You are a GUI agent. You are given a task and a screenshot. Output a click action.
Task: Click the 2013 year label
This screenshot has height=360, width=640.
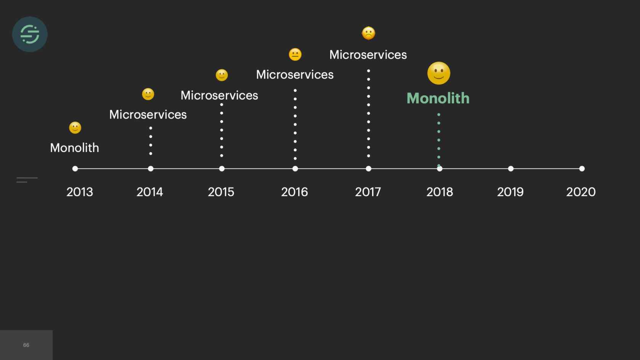pyautogui.click(x=80, y=192)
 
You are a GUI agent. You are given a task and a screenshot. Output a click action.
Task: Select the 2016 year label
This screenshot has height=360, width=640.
pyautogui.click(x=294, y=192)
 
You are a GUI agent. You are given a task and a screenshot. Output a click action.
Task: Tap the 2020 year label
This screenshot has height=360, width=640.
pyautogui.click(x=581, y=192)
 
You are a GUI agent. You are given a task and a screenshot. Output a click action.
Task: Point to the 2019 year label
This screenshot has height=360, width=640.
pyautogui.click(x=510, y=192)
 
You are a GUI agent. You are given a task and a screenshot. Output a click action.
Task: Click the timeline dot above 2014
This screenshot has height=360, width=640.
pyautogui.click(x=150, y=168)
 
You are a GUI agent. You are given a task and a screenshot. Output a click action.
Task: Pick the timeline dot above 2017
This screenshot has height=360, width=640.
pyautogui.click(x=368, y=168)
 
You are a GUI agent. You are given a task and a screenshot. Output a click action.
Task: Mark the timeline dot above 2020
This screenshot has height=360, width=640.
pyautogui.click(x=582, y=168)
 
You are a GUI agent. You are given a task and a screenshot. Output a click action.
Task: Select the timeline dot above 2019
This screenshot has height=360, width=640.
pyautogui.click(x=510, y=168)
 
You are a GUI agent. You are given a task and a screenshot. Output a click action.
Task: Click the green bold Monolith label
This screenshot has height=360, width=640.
pyautogui.click(x=438, y=98)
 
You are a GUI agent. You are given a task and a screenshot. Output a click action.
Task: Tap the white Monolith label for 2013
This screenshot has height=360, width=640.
pyautogui.click(x=74, y=148)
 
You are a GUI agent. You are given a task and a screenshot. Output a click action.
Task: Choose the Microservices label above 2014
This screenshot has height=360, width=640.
pyautogui.click(x=148, y=115)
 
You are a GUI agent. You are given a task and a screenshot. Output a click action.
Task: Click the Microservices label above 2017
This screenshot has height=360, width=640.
pyautogui.click(x=368, y=55)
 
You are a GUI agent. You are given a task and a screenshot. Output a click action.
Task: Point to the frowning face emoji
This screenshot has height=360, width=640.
pyautogui.click(x=368, y=34)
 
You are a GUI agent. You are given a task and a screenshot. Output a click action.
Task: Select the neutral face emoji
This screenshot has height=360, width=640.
pyautogui.click(x=295, y=54)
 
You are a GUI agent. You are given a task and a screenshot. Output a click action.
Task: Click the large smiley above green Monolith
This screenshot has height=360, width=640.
pyautogui.click(x=438, y=73)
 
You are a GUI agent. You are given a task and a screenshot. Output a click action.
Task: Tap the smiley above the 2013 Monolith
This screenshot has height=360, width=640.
pyautogui.click(x=75, y=128)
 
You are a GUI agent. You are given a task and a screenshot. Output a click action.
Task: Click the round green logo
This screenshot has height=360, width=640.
pyautogui.click(x=30, y=34)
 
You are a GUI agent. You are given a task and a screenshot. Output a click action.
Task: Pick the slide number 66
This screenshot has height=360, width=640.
pyautogui.click(x=26, y=345)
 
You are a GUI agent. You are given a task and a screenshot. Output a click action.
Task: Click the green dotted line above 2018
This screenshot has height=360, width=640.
pyautogui.click(x=439, y=139)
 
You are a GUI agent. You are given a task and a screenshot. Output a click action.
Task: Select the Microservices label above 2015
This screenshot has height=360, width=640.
pyautogui.click(x=219, y=95)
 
